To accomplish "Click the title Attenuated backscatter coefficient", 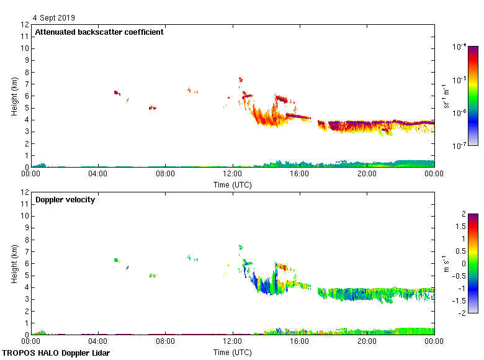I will pos(99,32).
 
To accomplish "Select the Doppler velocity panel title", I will pos(65,200).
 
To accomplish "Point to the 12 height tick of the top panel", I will pos(25,25).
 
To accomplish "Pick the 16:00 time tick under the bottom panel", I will pos(300,341).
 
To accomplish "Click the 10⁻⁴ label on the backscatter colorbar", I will pos(459,47).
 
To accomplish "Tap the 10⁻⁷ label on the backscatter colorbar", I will pos(459,146).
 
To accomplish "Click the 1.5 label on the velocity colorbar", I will pos(462,227).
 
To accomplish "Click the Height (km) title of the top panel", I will pos(14,96).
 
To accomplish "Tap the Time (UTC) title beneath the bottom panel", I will pos(233,353).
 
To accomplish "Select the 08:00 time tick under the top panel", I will pos(165,174).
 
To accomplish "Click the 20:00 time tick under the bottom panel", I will pos(367,341).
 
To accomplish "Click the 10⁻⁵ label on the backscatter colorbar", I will pos(459,79).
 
